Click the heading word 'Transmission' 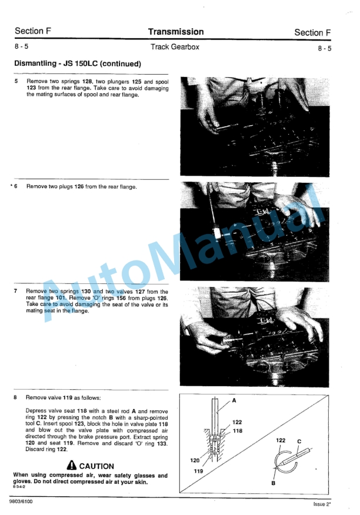[176, 32]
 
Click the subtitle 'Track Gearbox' [176, 47]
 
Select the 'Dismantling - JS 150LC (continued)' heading [77, 63]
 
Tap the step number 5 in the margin [16, 82]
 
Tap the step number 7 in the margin [16, 291]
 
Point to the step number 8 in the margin [16, 397]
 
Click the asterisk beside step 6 [11, 186]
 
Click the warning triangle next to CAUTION [72, 465]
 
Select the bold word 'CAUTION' [97, 466]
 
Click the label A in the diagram [234, 400]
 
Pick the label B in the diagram [274, 483]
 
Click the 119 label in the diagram [199, 471]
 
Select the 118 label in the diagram [237, 431]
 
